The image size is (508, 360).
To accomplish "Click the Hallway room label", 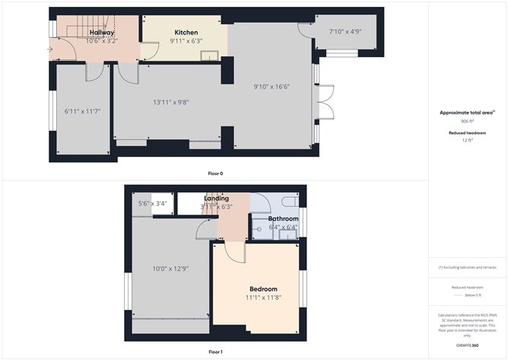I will click(x=102, y=33).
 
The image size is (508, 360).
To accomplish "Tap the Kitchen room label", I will click(x=186, y=33).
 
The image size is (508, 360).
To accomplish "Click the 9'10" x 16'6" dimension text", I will click(x=271, y=88).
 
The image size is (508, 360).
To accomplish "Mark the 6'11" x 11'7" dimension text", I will click(x=81, y=113).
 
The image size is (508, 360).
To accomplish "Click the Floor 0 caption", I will click(x=215, y=174).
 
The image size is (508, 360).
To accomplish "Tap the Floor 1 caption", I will click(x=215, y=352).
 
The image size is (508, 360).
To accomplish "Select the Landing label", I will click(x=217, y=199).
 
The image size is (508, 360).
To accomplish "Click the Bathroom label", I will click(x=283, y=218).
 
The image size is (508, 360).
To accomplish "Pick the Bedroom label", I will click(x=263, y=288).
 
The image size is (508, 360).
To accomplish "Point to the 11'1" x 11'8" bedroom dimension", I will click(x=263, y=298).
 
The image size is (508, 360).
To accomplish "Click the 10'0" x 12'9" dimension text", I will click(x=171, y=268).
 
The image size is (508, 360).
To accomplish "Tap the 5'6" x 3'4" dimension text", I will click(x=152, y=203).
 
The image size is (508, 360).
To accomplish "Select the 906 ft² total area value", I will click(x=468, y=121).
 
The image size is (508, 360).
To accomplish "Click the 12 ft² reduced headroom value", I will click(x=468, y=140).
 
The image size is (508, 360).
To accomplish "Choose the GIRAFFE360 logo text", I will click(x=468, y=346).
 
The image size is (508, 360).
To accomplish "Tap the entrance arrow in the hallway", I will click(x=51, y=50).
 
